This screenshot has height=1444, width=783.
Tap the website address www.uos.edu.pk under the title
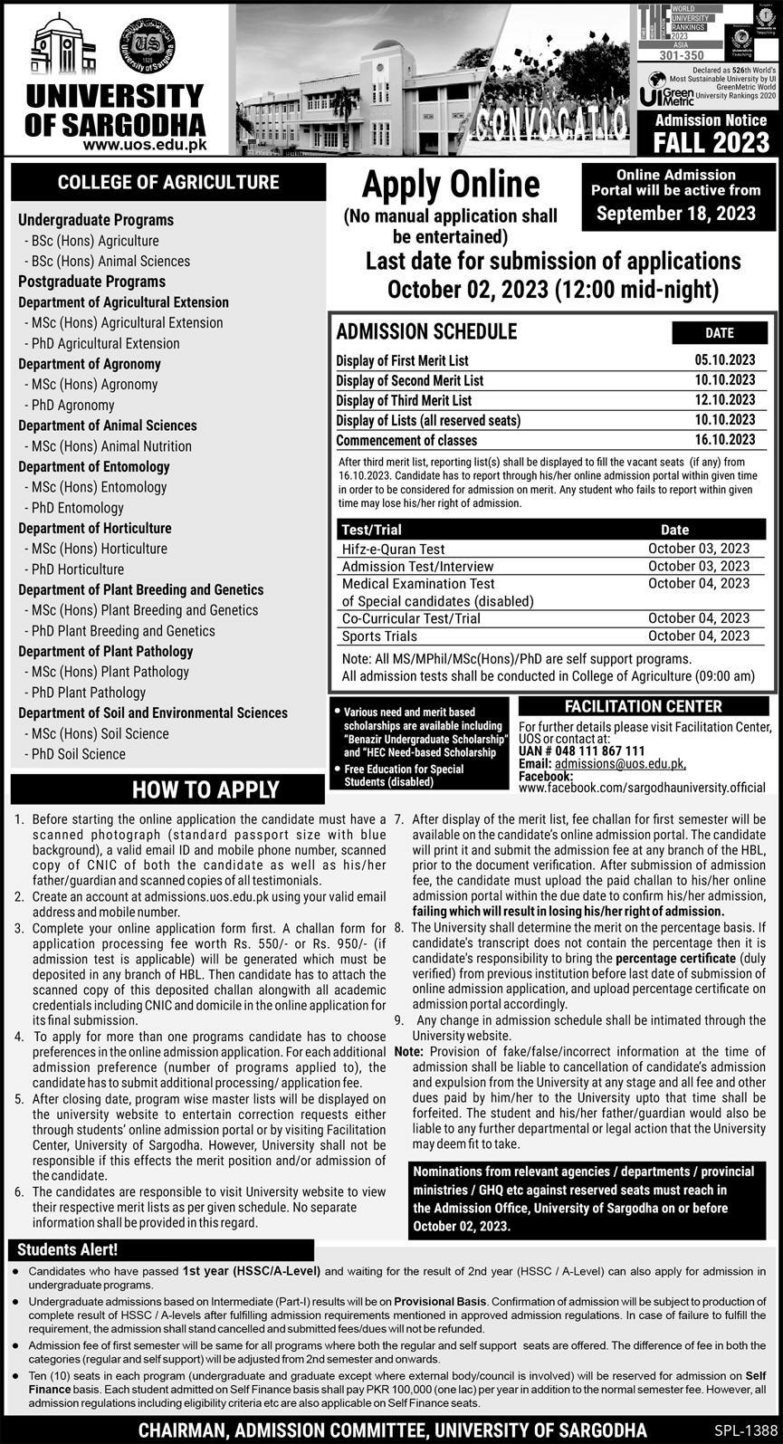coord(145,143)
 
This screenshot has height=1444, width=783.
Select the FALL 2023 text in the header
coord(711,142)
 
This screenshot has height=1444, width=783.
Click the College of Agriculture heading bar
coord(168,182)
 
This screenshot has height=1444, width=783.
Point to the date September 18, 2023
coord(675,214)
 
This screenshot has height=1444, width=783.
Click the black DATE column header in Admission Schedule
coord(719,332)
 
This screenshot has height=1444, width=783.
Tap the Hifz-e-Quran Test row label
coord(393,549)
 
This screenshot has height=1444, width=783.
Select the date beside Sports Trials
coord(698,636)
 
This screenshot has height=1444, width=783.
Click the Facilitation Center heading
coord(643,706)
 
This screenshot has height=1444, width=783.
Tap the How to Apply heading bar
coord(207,789)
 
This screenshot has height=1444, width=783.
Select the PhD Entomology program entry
coord(77,508)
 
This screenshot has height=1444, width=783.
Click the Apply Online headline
coord(450,186)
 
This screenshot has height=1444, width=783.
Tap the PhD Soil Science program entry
coord(79,753)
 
